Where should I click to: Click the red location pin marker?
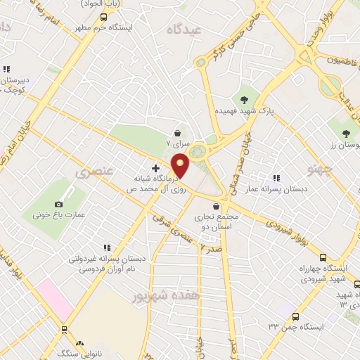pos(181,165)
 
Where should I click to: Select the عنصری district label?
pos(89,172)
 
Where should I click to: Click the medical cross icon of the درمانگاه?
pos(155,169)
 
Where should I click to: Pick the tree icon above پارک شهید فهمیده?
pos(245,98)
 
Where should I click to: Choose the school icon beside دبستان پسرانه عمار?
pos(276,179)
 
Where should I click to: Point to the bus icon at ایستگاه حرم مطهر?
pos(104,17)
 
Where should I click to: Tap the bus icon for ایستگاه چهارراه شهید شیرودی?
pos(323,257)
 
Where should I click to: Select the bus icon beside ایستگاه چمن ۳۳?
pos(295,317)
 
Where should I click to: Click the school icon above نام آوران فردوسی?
pos(106,247)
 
